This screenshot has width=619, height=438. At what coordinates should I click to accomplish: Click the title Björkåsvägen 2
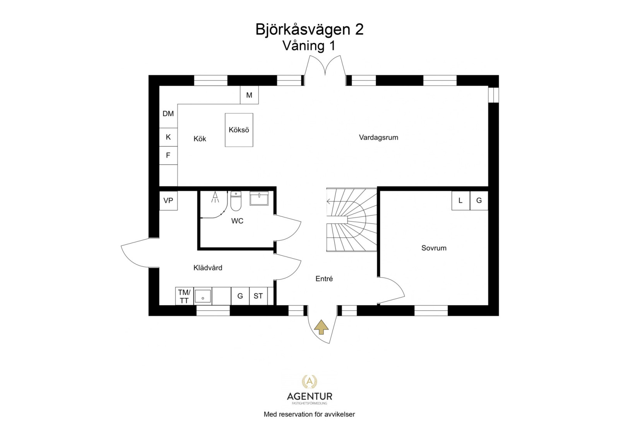pyautogui.click(x=309, y=29)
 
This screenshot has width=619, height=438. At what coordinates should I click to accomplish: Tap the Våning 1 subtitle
pyautogui.click(x=309, y=46)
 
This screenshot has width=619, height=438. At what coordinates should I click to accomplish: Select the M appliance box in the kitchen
pyautogui.click(x=249, y=95)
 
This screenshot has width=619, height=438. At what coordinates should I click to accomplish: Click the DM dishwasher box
pyautogui.click(x=168, y=114)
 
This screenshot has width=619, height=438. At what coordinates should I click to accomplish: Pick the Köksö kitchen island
pyautogui.click(x=239, y=130)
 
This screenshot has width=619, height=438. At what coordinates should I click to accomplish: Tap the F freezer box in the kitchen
pyautogui.click(x=168, y=155)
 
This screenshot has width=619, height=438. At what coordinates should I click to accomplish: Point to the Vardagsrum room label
pyautogui.click(x=378, y=137)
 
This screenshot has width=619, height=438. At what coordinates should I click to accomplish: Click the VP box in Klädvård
pyautogui.click(x=168, y=201)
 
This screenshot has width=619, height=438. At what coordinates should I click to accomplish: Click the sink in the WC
pyautogui.click(x=259, y=198)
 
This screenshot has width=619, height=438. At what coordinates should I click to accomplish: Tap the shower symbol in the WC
pyautogui.click(x=215, y=198)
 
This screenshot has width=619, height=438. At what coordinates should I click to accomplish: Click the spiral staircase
pyautogui.click(x=351, y=220)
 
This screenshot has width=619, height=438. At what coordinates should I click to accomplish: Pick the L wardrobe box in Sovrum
pyautogui.click(x=460, y=201)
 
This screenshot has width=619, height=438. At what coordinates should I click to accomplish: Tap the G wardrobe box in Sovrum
pyautogui.click(x=479, y=201)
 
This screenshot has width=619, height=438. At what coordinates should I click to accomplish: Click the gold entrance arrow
pyautogui.click(x=321, y=327)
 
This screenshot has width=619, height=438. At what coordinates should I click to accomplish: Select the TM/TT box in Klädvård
pyautogui.click(x=184, y=296)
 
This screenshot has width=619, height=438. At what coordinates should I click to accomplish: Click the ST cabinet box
pyautogui.click(x=258, y=296)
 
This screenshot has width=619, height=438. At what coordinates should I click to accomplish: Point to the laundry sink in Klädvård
pyautogui.click(x=203, y=296)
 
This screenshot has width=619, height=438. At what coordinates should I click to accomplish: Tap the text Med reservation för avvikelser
pyautogui.click(x=309, y=414)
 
